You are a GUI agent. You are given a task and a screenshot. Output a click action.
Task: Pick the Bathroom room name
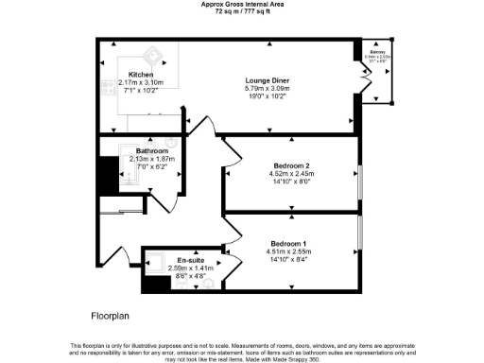(151, 151)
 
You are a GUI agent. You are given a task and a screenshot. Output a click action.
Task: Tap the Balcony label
(376, 56)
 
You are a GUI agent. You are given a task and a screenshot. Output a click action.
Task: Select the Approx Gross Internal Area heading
(242, 4)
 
